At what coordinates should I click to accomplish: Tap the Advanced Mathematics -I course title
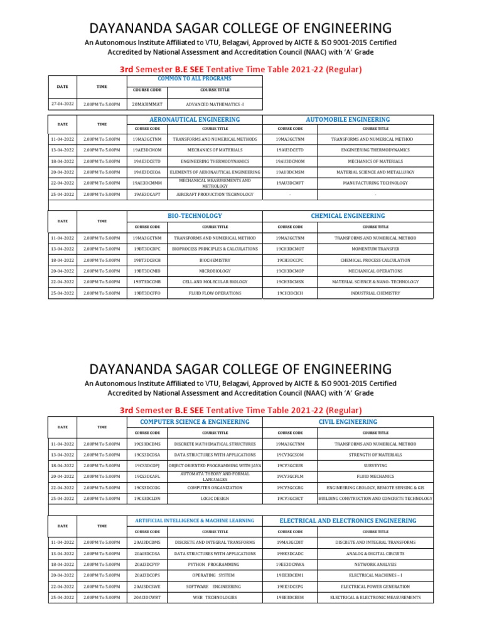pos(215,104)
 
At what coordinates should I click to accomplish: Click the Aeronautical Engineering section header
pos(195,119)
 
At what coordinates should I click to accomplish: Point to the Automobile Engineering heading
pos(348,119)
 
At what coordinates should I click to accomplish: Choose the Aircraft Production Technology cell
pos(215,195)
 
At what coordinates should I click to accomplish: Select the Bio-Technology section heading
pos(195,216)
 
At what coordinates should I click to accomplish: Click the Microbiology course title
pos(215,271)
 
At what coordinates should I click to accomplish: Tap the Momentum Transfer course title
pos(375,249)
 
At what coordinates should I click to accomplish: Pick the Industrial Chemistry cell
pos(375,293)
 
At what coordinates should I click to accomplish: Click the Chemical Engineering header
pos(348,216)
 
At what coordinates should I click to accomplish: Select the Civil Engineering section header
pos(348,422)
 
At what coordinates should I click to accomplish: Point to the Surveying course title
pos(375,466)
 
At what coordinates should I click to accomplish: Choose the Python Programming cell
pos(215,565)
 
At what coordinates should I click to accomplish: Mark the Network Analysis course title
pos(375,565)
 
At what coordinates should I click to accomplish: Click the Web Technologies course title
pos(215,597)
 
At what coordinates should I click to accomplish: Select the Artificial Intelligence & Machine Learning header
pos(195,521)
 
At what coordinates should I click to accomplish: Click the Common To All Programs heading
pos(195,78)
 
